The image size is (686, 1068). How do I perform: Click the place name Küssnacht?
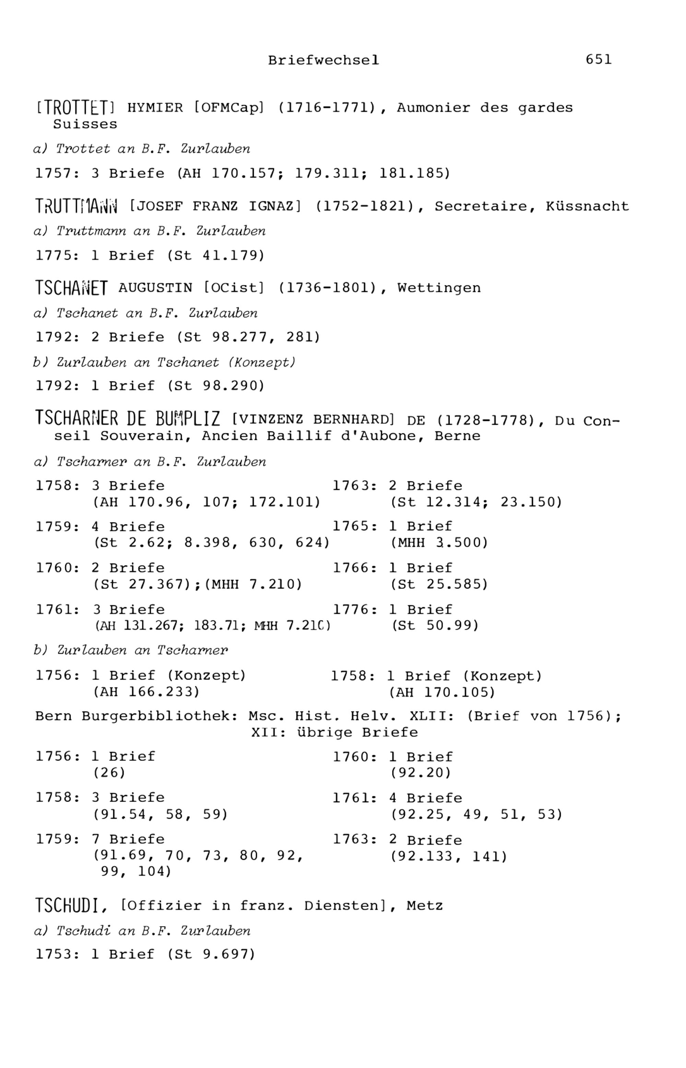[587, 206]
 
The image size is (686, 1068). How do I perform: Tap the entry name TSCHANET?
[71, 288]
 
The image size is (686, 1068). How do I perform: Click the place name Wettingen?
[439, 288]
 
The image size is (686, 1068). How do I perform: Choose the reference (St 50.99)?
[435, 625]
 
